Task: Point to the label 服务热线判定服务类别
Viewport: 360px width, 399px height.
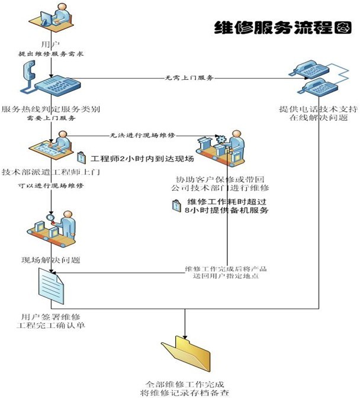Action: (51, 110)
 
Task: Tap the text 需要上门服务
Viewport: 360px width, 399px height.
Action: (51, 118)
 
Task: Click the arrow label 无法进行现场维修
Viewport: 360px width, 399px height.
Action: (143, 136)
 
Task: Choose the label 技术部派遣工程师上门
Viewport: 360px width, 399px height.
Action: (51, 171)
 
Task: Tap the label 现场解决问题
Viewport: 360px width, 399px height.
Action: (51, 259)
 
